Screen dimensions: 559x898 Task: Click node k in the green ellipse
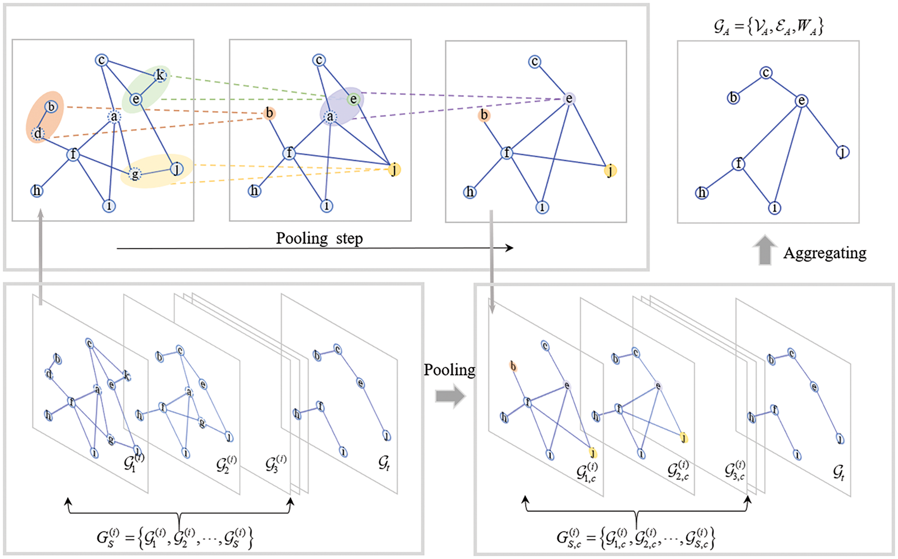[160, 76]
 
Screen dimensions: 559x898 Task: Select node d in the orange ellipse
[38, 133]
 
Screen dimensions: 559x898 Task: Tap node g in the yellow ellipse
[135, 174]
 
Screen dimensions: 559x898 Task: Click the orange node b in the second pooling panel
[269, 113]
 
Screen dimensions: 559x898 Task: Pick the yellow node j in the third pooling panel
[610, 171]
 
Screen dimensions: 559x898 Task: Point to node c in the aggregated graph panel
[766, 72]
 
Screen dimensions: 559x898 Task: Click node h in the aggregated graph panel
[702, 193]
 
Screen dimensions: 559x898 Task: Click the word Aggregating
[825, 253]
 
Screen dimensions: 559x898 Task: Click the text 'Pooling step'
[319, 239]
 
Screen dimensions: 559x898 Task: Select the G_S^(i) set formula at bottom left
[175, 538]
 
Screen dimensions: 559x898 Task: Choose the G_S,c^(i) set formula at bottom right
[635, 538]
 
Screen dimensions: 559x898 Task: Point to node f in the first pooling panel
[73, 154]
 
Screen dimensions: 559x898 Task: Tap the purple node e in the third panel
[569, 99]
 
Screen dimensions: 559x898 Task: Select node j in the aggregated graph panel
[843, 152]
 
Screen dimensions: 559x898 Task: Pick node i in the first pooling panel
[109, 206]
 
